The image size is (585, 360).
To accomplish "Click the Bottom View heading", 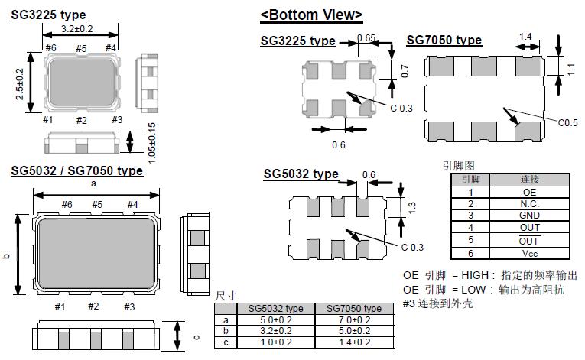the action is click(311, 15).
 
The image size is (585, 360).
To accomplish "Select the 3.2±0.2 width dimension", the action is click(77, 29).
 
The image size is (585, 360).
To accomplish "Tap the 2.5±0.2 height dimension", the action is click(20, 84).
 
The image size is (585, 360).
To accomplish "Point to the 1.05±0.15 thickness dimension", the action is click(151, 143).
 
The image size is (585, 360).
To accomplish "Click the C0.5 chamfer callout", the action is click(567, 123).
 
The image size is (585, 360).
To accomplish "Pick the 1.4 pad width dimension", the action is click(525, 37).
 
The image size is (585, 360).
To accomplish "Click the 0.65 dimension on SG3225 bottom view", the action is click(366, 37).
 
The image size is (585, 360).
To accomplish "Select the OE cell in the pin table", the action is click(529, 193).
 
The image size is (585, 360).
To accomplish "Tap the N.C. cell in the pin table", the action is click(529, 204).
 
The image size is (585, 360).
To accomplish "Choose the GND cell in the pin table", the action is click(529, 216).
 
